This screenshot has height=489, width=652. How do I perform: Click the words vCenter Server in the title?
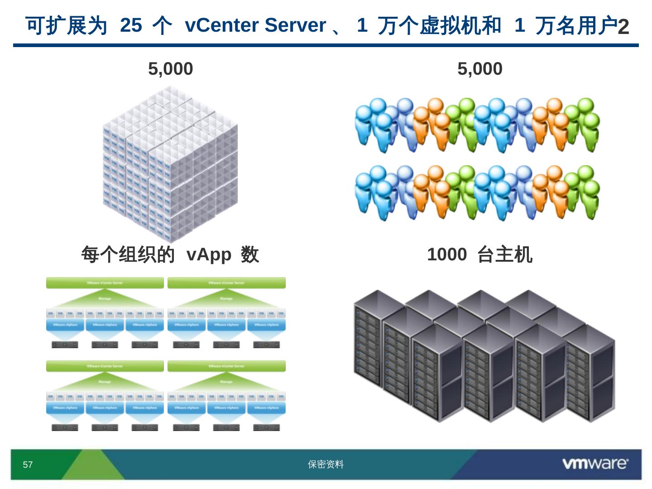tap(255, 25)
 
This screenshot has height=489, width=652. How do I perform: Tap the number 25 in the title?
tap(131, 25)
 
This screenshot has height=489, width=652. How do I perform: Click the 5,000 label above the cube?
tap(171, 69)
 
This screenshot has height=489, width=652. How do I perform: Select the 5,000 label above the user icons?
tap(479, 69)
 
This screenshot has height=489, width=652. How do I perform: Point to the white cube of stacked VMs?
tap(170, 163)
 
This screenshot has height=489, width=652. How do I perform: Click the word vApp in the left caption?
tap(209, 254)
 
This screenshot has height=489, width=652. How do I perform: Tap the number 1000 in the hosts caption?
tap(446, 254)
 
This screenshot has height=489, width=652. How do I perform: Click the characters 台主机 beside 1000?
tap(505, 254)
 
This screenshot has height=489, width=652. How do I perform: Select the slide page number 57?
tap(28, 465)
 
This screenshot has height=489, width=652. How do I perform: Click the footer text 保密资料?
tap(326, 465)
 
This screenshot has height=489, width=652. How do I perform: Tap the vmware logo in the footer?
tap(595, 463)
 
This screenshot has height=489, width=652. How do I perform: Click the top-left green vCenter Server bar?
tap(105, 283)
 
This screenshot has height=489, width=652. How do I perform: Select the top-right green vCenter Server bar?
tap(226, 283)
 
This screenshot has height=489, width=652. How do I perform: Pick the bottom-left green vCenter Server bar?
tap(105, 366)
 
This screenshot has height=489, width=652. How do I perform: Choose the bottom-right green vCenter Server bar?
tap(226, 366)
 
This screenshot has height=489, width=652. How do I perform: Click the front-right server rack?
tap(591, 374)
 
